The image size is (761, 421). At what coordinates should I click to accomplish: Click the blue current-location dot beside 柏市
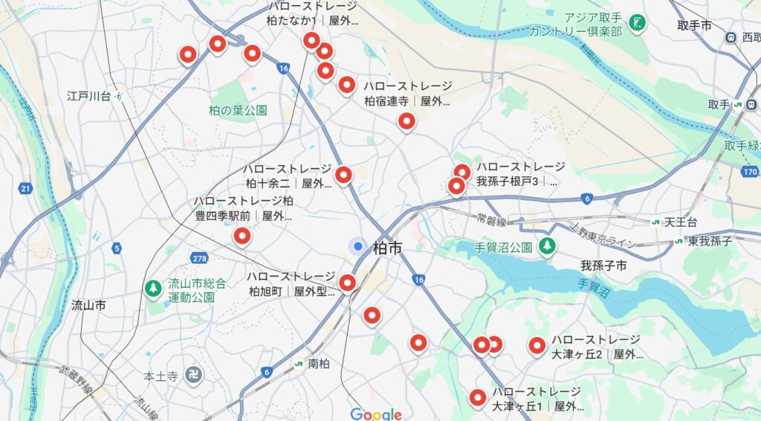pos(358,246)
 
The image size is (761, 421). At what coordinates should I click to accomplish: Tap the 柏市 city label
pos(387,248)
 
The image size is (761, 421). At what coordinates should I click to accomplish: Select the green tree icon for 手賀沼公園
pos(547,245)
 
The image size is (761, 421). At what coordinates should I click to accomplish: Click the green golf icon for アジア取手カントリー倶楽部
pos(636,23)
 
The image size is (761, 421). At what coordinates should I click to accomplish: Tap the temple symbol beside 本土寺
pos(193,376)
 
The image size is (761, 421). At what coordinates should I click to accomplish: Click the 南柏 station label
pos(318,364)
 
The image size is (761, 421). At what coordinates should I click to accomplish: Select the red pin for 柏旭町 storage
pos(347,283)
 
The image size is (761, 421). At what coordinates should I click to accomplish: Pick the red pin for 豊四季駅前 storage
pos(242,237)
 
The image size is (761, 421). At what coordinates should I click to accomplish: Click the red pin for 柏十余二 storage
pos(343,175)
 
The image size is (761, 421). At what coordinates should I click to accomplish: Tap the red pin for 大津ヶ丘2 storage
pos(537,345)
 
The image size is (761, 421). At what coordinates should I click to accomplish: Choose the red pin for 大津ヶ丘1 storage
pos(477,398)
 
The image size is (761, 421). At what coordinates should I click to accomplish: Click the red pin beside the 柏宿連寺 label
pos(346,85)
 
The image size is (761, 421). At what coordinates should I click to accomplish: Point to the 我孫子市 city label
pos(603,266)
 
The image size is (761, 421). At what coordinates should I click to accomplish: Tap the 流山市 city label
pos(88,305)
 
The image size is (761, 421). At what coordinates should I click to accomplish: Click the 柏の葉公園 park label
pos(238,110)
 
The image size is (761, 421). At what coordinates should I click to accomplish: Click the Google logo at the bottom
pos(376,414)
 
